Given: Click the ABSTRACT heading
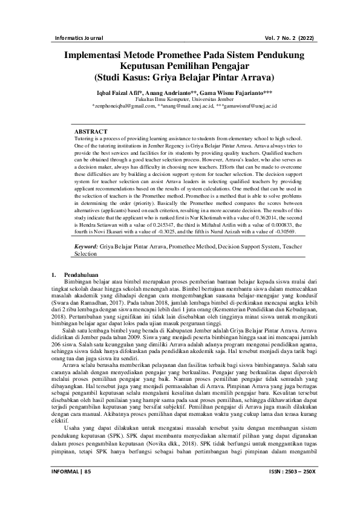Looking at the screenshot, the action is click(x=91, y=131).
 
